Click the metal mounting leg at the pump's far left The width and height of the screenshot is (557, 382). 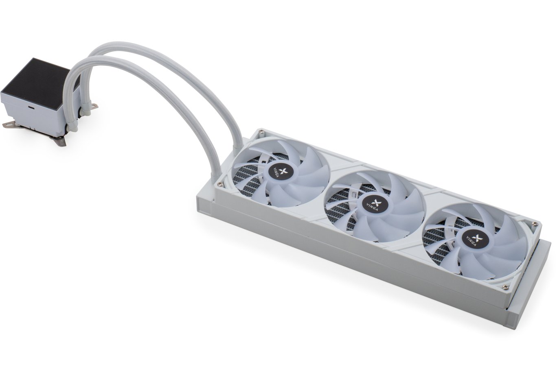9,124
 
